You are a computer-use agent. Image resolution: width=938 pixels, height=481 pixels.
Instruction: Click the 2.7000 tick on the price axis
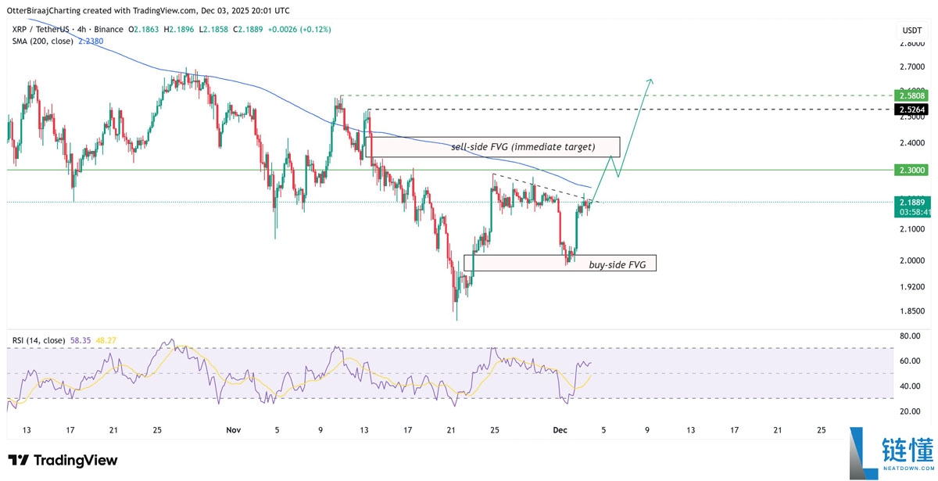(x=911, y=67)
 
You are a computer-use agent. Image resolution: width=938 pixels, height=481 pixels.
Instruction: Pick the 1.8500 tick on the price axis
(x=911, y=311)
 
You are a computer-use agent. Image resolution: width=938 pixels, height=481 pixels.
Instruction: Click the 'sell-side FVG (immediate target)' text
(x=523, y=147)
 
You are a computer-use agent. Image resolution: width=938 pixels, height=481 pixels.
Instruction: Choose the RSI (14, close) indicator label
(x=38, y=340)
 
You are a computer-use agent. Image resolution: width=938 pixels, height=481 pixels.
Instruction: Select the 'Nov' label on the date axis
(x=233, y=430)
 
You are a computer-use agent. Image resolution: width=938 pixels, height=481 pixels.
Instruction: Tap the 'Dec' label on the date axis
(x=560, y=430)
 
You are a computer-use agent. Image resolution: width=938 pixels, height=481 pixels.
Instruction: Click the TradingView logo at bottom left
(x=63, y=460)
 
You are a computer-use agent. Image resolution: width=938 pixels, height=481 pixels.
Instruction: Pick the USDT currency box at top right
(x=911, y=31)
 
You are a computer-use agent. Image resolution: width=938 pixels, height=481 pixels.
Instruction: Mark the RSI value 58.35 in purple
(x=81, y=340)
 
